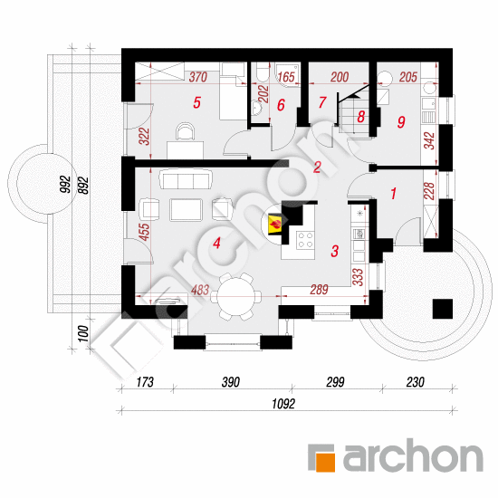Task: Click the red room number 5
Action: point(196,102)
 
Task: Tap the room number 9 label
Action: point(401,121)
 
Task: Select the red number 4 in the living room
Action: point(216,244)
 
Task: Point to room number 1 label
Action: point(394,193)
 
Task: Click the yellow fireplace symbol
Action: point(275,225)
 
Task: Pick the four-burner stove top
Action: point(305,240)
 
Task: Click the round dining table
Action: point(236,297)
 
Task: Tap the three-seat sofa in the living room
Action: point(186,179)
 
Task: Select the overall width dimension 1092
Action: point(283,404)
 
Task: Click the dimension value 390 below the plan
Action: point(231,382)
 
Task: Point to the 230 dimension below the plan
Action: point(415,382)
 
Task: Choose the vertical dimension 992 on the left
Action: point(65,184)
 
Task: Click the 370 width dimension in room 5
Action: point(198,77)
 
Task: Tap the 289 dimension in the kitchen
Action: point(320,290)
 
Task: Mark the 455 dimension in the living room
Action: point(144,232)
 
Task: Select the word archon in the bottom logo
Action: point(413,455)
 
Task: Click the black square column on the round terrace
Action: point(443,309)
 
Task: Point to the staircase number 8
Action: point(360,117)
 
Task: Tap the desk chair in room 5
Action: point(186,131)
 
